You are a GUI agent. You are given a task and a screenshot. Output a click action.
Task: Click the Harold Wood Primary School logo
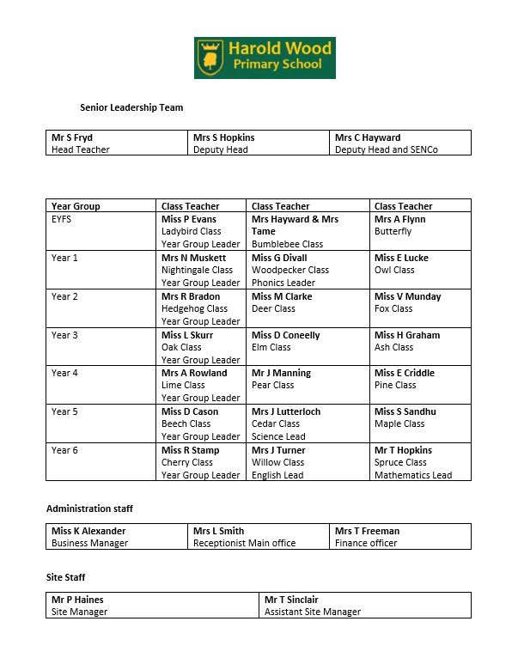click(265, 58)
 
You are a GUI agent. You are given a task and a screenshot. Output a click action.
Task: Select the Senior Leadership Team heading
click(131, 108)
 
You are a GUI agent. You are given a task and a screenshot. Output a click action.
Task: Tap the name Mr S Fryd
click(71, 137)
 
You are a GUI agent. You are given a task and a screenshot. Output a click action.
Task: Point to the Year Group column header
click(76, 206)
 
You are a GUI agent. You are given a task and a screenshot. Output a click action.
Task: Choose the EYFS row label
click(63, 219)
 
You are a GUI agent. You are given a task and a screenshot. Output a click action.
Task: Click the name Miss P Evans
click(188, 219)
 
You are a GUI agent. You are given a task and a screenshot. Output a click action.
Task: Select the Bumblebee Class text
click(287, 244)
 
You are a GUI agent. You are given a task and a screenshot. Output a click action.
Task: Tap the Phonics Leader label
click(283, 283)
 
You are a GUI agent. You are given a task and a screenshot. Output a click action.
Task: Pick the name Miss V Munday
click(407, 296)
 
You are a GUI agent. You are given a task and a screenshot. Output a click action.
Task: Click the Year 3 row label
click(64, 335)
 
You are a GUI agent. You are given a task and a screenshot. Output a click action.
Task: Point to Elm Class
click(271, 347)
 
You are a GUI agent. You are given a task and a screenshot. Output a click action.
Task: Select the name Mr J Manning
click(281, 373)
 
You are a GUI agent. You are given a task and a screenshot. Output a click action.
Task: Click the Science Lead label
click(278, 436)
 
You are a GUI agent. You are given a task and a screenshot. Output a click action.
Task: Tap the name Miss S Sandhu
click(405, 411)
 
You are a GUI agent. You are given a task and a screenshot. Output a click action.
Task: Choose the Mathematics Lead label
click(412, 475)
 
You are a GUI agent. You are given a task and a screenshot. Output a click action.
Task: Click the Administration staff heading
click(89, 509)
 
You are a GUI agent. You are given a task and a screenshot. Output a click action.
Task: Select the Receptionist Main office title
click(244, 543)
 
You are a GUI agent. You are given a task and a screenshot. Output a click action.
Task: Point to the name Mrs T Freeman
click(367, 531)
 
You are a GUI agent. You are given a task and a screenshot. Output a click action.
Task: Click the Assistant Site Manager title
click(313, 612)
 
